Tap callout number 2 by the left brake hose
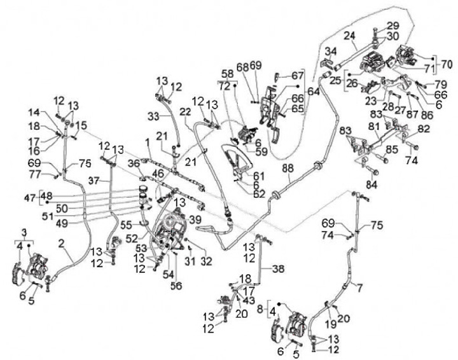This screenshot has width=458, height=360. [x=62, y=242]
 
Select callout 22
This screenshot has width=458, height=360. [x=185, y=111]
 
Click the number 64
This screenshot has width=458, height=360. [x=314, y=91]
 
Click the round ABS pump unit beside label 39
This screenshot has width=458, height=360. [x=170, y=226]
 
